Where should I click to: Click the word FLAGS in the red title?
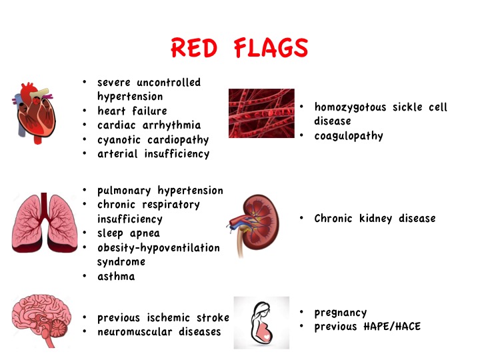tap(271, 48)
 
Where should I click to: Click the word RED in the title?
tap(194, 48)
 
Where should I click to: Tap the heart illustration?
tap(34, 113)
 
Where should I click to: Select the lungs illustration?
tap(45, 223)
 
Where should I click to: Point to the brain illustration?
tap(41, 321)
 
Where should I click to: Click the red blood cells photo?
tap(261, 113)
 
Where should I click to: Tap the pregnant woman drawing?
tap(261, 323)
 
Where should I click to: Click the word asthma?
tap(116, 277)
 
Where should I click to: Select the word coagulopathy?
tap(349, 136)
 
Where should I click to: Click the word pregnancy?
tap(341, 313)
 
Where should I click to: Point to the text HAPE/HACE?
tap(392, 326)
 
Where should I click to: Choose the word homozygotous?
tap(350, 107)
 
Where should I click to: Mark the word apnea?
tap(145, 234)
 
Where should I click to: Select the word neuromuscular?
tap(135, 332)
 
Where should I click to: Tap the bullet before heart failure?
tap(85, 111)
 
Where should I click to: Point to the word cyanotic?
tap(119, 140)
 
